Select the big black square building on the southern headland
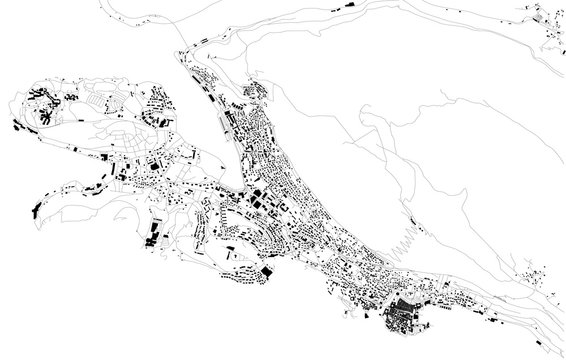(267, 271)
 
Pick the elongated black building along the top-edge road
(356, 6)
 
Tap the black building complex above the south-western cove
(155, 236)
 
